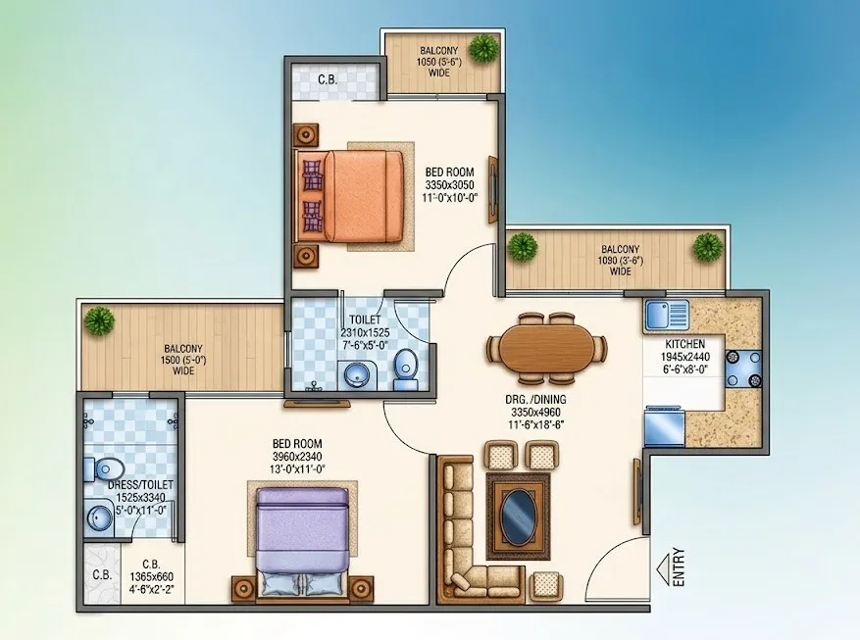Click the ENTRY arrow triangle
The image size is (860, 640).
[663, 566]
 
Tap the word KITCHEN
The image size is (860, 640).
[685, 344]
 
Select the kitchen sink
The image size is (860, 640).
[667, 315]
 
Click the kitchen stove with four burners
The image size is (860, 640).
[743, 369]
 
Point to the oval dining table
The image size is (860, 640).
[547, 347]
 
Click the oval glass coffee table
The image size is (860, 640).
[519, 517]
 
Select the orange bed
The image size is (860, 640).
[350, 196]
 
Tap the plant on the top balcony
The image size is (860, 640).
[483, 48]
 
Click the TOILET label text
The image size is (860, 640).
[366, 320]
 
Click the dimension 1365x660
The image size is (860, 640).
[151, 576]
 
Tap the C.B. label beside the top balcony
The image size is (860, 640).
[328, 80]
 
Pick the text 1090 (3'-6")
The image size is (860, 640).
[621, 261]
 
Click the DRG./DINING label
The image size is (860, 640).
[535, 400]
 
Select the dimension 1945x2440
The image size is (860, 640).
[685, 358]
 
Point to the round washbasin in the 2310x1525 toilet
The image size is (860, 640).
[357, 375]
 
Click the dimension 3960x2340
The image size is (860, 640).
[297, 457]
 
